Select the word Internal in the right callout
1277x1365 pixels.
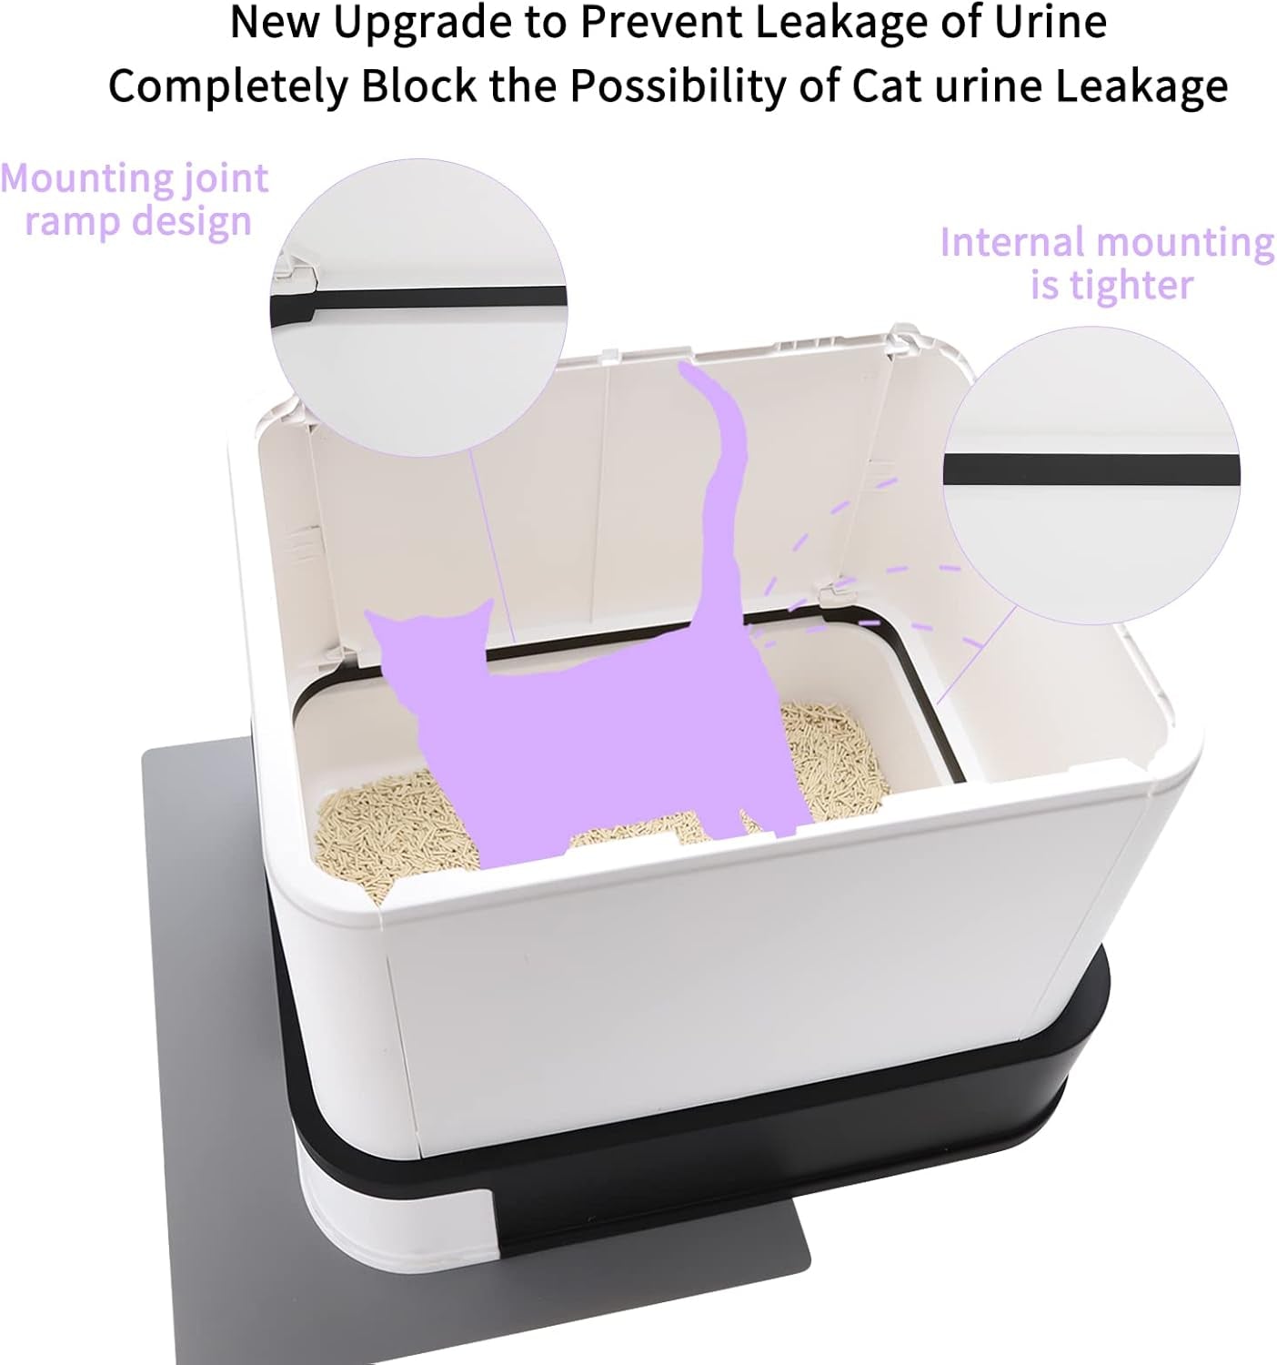point(1011,242)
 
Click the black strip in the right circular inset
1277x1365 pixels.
point(1091,470)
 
